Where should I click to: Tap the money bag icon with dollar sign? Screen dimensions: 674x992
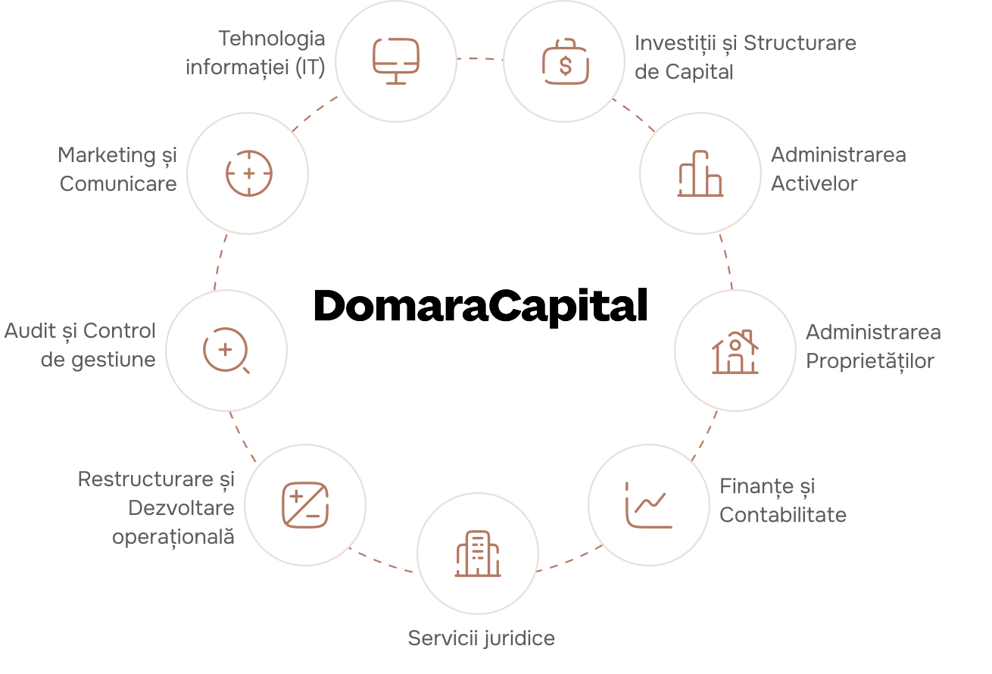565,63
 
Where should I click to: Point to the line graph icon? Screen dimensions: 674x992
648,505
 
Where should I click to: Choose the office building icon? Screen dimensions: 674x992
478,553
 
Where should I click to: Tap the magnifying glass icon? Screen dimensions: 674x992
226,351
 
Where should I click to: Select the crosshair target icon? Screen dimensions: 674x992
248,173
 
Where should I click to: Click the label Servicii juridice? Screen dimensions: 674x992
482,638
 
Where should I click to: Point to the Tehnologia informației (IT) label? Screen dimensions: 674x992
255,53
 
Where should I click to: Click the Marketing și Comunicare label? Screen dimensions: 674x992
118,170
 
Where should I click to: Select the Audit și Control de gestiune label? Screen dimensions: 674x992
80,345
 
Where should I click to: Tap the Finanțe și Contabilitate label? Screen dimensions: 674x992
782,501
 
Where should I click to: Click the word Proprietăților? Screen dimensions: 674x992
869,361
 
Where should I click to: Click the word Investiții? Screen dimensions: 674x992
675,43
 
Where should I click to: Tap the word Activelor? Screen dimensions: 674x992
814,184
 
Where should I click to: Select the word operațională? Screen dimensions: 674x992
173,537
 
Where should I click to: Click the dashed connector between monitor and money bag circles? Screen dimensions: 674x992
480,58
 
